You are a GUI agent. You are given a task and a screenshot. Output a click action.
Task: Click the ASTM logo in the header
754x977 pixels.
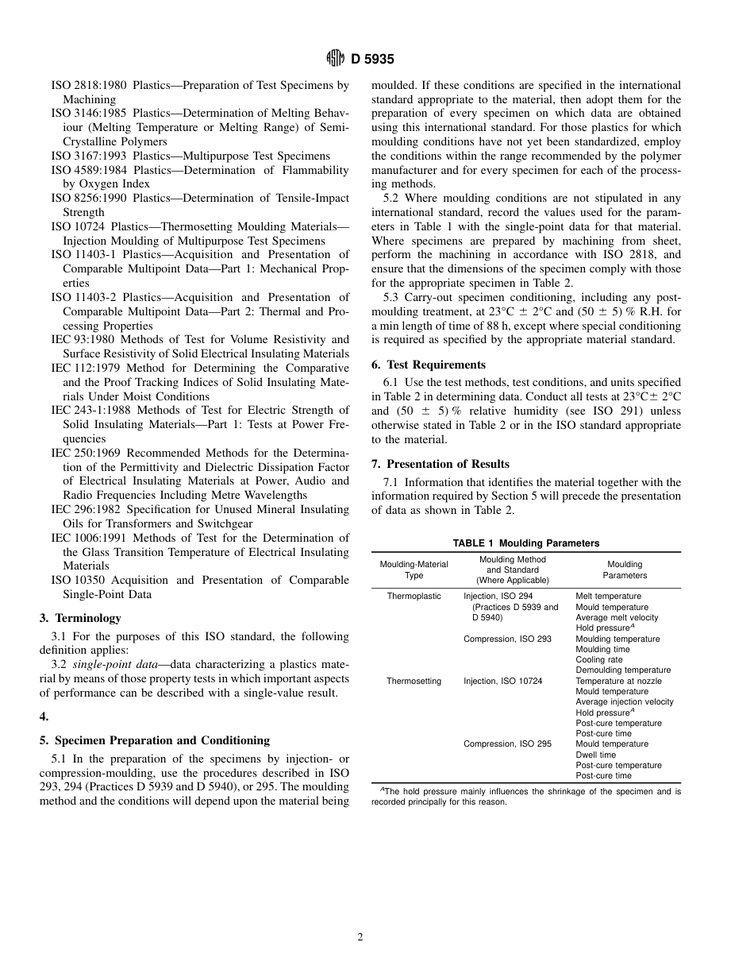click(335, 59)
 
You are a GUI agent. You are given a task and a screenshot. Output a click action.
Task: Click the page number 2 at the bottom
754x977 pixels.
click(360, 937)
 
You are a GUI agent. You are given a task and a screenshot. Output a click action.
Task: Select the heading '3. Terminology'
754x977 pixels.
click(80, 618)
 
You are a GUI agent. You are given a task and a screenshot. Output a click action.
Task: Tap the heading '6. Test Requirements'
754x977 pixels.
click(429, 365)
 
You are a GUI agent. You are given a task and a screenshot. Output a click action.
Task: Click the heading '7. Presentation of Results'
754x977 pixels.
click(440, 464)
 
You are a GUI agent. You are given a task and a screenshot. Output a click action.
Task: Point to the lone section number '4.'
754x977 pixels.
click(44, 716)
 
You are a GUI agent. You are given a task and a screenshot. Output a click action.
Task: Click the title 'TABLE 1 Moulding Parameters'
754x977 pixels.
click(525, 543)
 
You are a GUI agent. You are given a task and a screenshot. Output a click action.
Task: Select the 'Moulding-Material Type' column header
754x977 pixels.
click(414, 570)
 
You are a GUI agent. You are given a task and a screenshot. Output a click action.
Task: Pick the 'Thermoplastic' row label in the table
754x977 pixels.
click(414, 597)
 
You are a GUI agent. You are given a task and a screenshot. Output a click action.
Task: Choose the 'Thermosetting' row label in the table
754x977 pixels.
click(414, 681)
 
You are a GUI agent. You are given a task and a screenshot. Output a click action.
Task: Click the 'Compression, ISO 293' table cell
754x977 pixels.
click(507, 639)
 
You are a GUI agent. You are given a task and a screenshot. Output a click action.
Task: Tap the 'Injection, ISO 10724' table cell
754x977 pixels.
click(503, 681)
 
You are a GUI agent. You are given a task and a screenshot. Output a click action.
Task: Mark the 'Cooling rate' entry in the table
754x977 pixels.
click(599, 660)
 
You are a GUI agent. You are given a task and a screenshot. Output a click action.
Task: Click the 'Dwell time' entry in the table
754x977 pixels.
click(595, 755)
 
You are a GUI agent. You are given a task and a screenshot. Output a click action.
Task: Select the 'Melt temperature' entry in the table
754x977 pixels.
click(608, 597)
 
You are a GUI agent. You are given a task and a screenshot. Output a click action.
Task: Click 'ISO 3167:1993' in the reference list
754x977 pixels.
click(88, 156)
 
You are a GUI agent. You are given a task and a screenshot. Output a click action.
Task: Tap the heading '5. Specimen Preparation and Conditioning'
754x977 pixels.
click(155, 740)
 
